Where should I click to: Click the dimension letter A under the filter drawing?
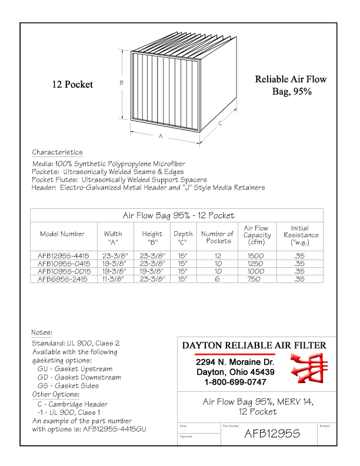(161, 136)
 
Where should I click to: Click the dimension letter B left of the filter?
(121, 82)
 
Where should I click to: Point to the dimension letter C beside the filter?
(220, 124)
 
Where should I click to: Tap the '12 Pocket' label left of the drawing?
(73, 85)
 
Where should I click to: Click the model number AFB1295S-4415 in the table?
(62, 256)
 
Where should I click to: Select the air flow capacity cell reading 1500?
(256, 256)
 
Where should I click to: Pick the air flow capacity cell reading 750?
(256, 279)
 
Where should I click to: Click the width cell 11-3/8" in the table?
(112, 279)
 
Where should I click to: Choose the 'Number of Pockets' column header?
(217, 237)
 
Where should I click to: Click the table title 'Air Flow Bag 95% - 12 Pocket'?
(178, 215)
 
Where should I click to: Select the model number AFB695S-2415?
(62, 279)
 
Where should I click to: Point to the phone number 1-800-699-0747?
(227, 382)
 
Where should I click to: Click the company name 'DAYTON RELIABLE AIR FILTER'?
(252, 345)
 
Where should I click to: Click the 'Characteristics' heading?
(57, 152)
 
